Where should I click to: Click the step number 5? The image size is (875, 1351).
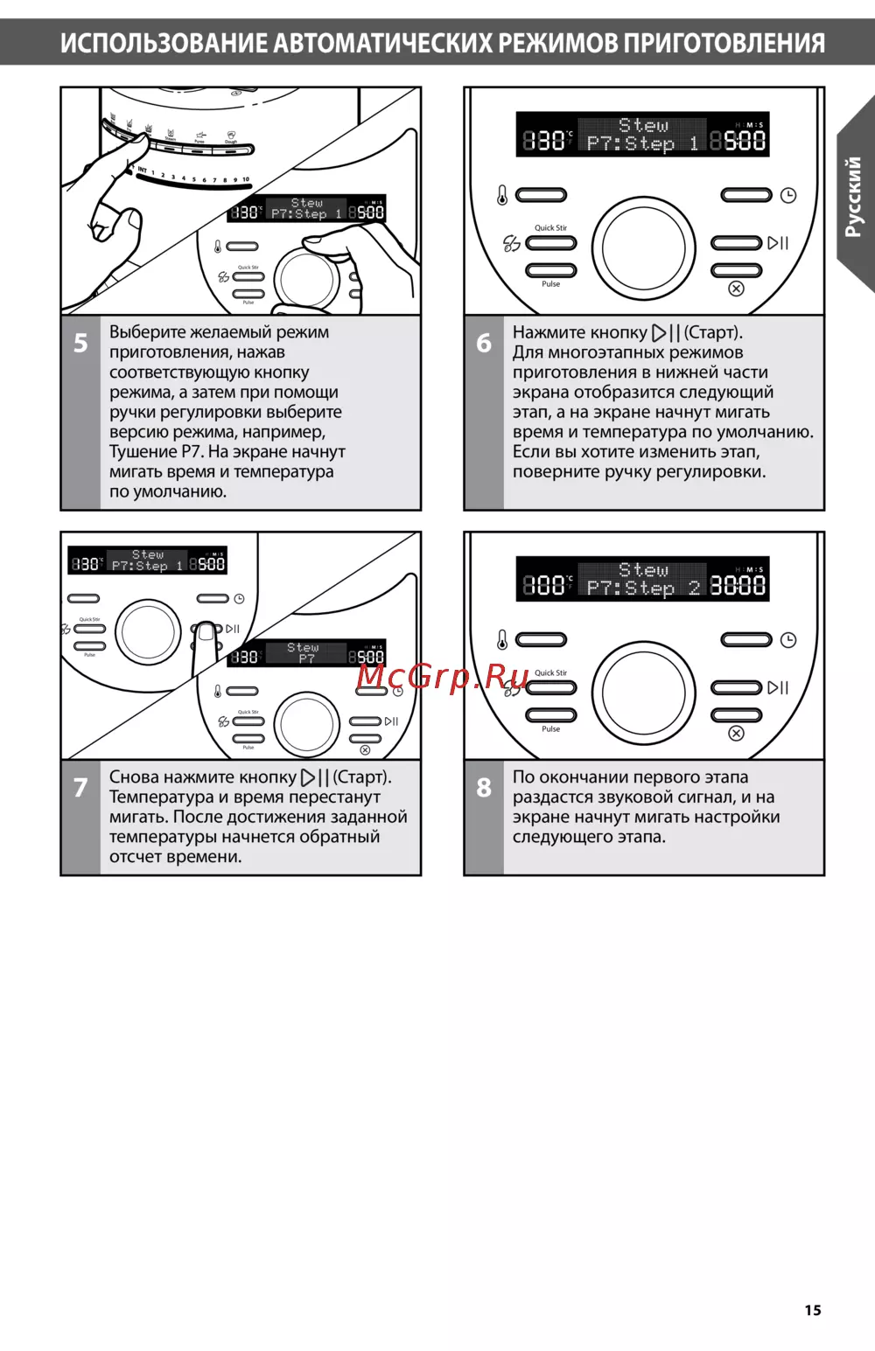80,343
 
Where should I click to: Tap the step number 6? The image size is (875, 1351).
484,343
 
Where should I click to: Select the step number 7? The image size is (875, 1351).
80,787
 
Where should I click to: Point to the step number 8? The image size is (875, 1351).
484,787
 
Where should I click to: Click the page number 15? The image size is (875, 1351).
813,1310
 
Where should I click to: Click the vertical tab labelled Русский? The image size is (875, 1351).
854,197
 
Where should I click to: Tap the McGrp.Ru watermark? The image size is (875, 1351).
443,676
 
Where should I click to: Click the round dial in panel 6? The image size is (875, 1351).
643,247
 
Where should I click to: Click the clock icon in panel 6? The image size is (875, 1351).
788,196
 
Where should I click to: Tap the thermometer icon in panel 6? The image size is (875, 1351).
502,196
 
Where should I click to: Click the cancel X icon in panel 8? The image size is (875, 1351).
737,733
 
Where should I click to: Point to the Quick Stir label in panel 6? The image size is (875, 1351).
550,228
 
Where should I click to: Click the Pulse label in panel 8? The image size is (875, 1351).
550,729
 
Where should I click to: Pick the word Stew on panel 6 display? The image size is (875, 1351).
643,126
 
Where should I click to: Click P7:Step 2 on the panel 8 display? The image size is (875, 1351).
643,588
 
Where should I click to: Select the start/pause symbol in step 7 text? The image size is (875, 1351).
315,777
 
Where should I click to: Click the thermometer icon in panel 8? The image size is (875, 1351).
502,640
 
